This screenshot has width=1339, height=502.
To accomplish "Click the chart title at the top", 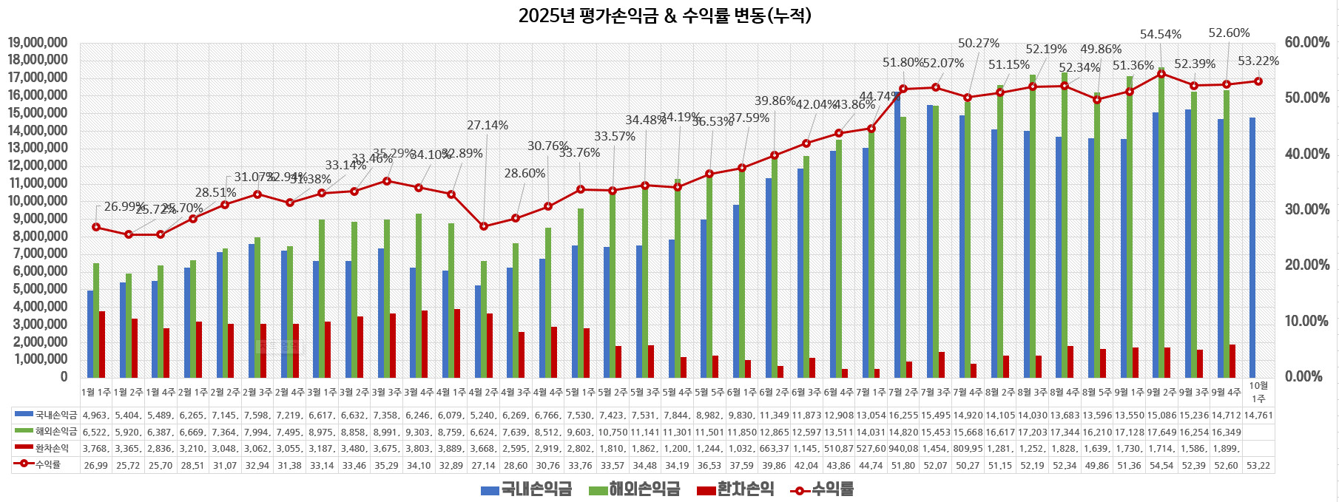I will pyautogui.click(x=664, y=16).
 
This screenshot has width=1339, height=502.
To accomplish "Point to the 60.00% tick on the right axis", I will pyautogui.click(x=1306, y=42).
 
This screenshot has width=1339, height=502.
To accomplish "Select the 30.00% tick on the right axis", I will pyautogui.click(x=1306, y=209).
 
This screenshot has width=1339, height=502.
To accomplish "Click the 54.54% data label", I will pyautogui.click(x=1160, y=34).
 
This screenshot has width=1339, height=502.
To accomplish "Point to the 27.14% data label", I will pyautogui.click(x=487, y=125).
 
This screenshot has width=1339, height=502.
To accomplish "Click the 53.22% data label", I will pyautogui.click(x=1258, y=61).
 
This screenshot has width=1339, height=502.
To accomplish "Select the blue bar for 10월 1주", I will pyautogui.click(x=1252, y=248).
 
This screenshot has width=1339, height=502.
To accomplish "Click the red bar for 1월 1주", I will pyautogui.click(x=102, y=344).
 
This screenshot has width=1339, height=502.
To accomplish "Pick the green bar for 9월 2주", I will pyautogui.click(x=1161, y=222).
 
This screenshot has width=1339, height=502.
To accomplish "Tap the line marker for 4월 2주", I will pyautogui.click(x=484, y=226).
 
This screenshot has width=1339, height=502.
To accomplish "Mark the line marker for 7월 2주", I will pyautogui.click(x=903, y=89).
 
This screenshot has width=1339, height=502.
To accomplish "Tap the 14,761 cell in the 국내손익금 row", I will pyautogui.click(x=1258, y=415).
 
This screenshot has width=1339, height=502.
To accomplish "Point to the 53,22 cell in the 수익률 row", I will pyautogui.click(x=1258, y=465).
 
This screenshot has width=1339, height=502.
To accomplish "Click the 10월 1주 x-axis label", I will pyautogui.click(x=1258, y=392).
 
